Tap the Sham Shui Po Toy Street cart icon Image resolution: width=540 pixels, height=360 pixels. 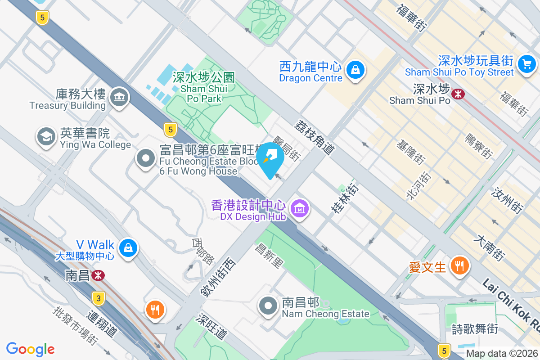pyautogui.click(x=526, y=63)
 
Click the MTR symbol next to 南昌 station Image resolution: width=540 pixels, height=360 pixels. pyautogui.click(x=97, y=275)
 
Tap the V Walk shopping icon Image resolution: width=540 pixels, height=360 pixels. pyautogui.click(x=128, y=247)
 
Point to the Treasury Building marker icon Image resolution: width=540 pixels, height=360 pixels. pyautogui.click(x=119, y=97)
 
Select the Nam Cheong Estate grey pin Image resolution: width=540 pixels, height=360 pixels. pyautogui.click(x=269, y=306)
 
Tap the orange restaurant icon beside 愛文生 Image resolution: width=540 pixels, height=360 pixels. pyautogui.click(x=459, y=265)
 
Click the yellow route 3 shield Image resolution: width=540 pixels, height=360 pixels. pyautogui.click(x=99, y=298)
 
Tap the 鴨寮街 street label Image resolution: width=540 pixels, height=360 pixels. pyautogui.click(x=478, y=145)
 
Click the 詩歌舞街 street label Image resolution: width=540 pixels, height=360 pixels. pyautogui.click(x=474, y=329)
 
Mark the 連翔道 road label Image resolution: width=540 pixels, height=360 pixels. pyautogui.click(x=103, y=324)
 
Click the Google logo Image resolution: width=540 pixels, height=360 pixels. pyautogui.click(x=30, y=349)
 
